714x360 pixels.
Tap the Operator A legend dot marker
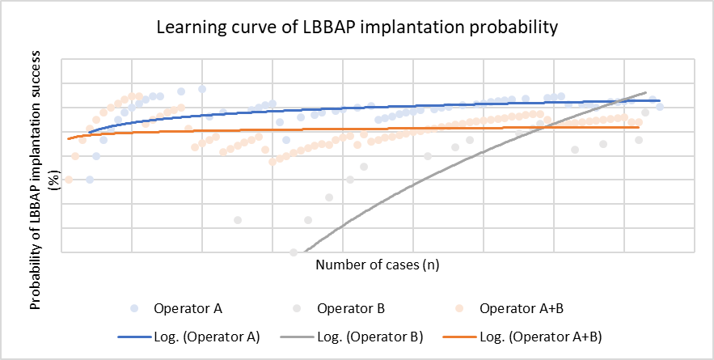pos(134,308)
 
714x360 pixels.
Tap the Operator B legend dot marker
pos(296,308)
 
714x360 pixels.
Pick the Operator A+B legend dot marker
pos(458,308)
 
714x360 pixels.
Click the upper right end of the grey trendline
pos(646,92)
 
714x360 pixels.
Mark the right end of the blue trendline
pos(660,100)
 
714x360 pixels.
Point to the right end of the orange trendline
pos(639,127)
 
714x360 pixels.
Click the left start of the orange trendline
pos(69,139)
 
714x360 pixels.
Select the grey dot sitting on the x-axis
pos(294,252)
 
